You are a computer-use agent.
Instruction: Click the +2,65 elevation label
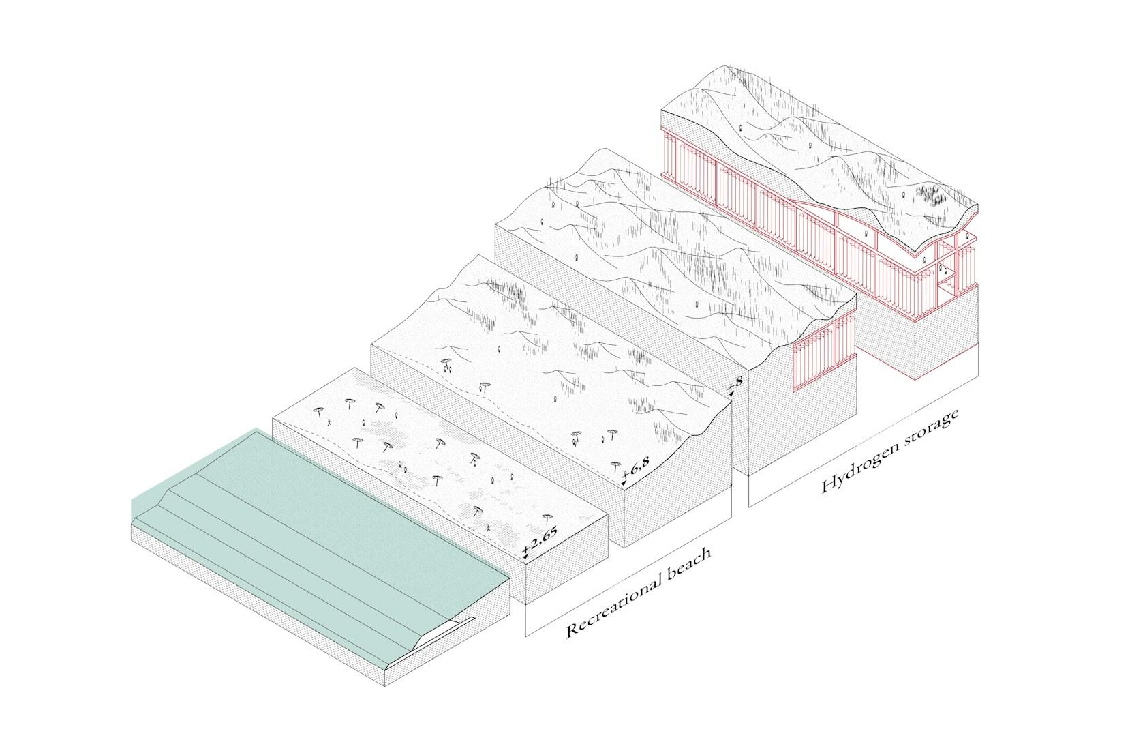click(540, 540)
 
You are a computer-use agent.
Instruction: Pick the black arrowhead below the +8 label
click(731, 394)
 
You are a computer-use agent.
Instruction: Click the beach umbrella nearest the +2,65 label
click(547, 518)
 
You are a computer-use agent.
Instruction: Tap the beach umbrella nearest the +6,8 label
click(616, 466)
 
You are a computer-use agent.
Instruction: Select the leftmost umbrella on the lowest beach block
click(318, 412)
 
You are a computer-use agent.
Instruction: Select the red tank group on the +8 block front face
click(823, 354)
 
